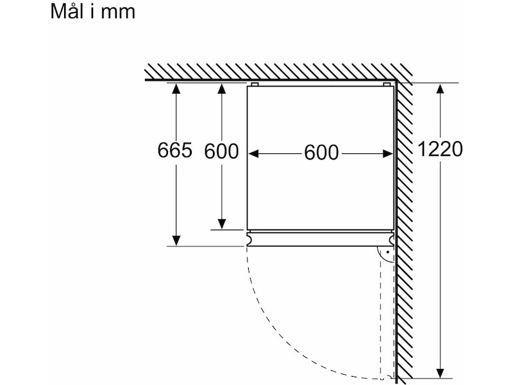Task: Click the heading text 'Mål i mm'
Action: (93, 12)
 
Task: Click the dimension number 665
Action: (174, 150)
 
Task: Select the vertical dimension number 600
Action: (221, 151)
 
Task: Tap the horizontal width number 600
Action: (321, 153)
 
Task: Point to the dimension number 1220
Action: (440, 149)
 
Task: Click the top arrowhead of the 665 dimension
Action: (176, 89)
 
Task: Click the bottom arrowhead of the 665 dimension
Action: (176, 240)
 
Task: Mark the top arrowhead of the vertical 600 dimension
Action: (222, 89)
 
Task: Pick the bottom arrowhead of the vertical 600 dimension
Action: (222, 224)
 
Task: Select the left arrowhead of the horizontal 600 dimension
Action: (253, 153)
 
